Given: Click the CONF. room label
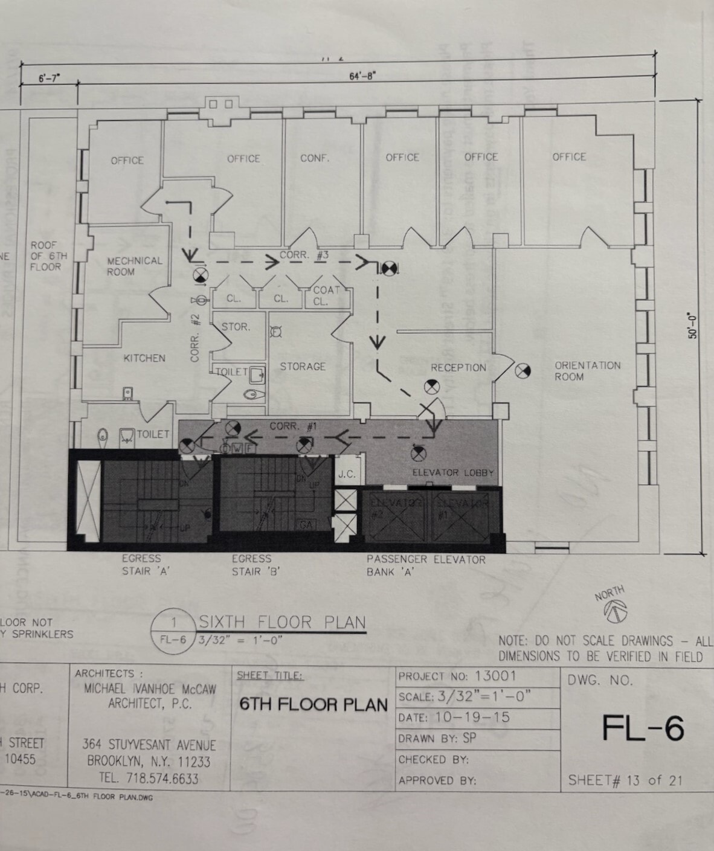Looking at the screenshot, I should [315, 158].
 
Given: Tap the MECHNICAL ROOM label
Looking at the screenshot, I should [134, 266].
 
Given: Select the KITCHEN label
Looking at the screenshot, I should [144, 358].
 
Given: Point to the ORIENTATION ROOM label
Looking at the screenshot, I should [587, 371].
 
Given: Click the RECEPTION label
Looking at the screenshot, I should [458, 367].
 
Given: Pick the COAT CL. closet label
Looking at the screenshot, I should [326, 296].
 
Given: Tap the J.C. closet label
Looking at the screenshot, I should [347, 474].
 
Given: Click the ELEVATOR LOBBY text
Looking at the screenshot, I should [452, 472].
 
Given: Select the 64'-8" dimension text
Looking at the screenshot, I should [362, 75].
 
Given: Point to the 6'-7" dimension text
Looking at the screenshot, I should [50, 78].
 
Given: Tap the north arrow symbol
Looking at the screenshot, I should [615, 611].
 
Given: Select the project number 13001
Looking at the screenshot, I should [495, 676].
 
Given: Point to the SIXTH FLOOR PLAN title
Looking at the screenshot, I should [282, 622].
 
